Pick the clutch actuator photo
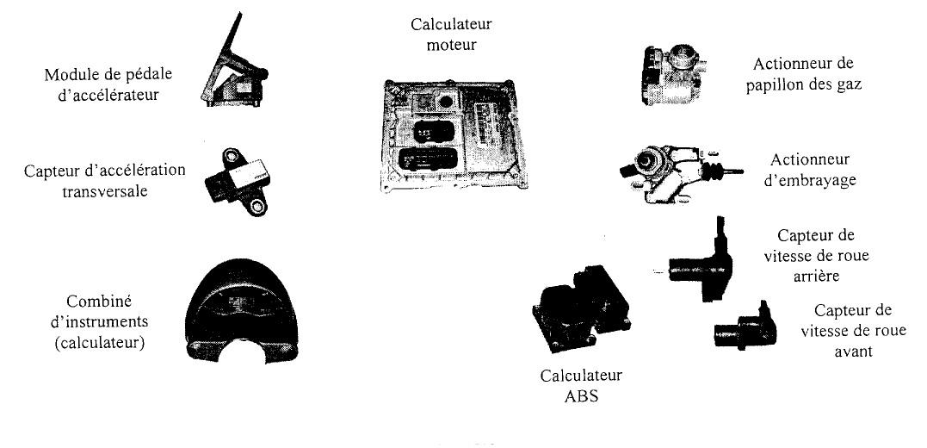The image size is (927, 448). pyautogui.click(x=676, y=170)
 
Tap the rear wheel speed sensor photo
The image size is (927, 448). pyautogui.click(x=698, y=259)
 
